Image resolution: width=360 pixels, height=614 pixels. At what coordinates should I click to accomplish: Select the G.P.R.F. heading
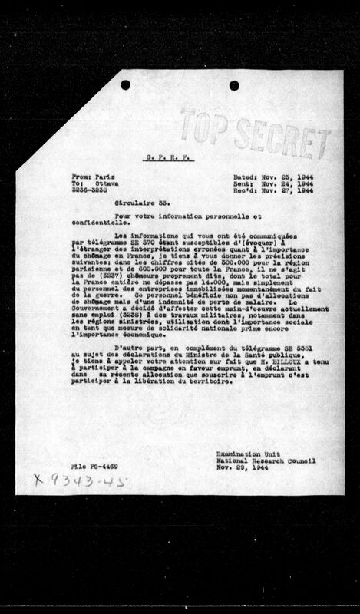179,157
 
